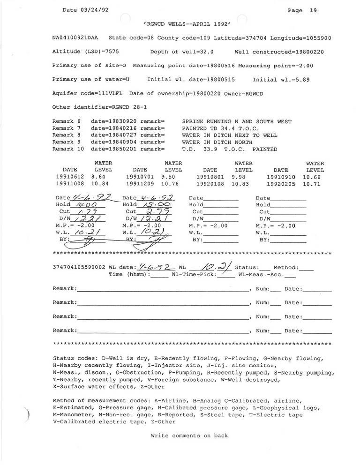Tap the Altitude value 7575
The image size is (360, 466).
[123, 52]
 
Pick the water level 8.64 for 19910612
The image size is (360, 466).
[98, 177]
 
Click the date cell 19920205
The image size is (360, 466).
[281, 184]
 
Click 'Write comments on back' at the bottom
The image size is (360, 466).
[189, 436]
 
